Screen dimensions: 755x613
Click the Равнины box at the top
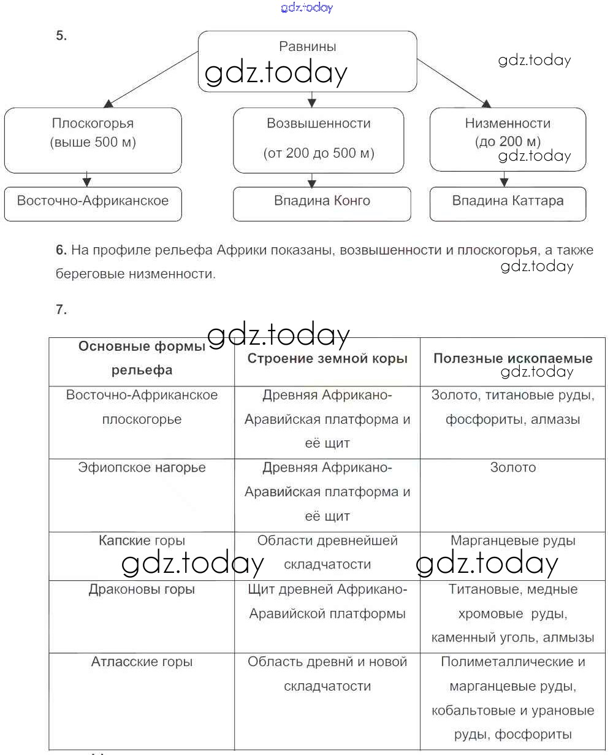[x=307, y=61]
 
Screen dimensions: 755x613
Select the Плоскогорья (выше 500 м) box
[x=93, y=140]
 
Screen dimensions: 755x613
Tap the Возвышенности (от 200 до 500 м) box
[x=318, y=140]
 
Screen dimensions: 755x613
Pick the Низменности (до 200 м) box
[x=508, y=139]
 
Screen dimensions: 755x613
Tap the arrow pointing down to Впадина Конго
[x=312, y=180]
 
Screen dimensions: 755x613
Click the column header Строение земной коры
[x=327, y=359]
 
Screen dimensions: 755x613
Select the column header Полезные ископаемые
[x=512, y=359]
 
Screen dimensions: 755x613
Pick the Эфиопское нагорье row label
[x=142, y=468]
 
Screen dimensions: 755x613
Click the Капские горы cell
[x=142, y=541]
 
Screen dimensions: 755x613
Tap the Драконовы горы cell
[x=142, y=589]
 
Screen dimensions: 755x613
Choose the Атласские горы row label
[x=142, y=662]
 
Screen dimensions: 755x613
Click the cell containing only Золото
[x=512, y=468]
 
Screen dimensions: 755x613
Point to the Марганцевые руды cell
[x=512, y=541]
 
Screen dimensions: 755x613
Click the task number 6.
[x=60, y=250]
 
